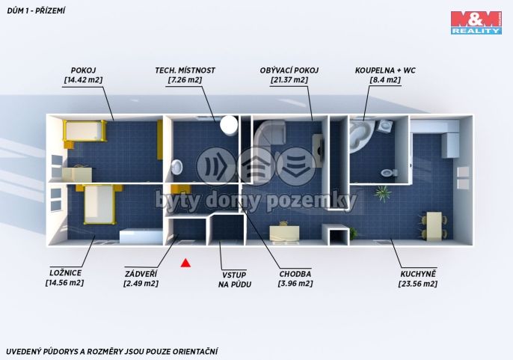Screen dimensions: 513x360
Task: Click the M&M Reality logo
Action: pos(476,22)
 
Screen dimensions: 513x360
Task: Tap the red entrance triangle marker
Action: pos(185,263)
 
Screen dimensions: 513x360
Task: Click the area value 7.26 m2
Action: pos(185,79)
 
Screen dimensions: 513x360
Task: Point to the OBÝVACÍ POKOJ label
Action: pos(289,70)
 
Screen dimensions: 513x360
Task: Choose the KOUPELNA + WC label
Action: pos(385,70)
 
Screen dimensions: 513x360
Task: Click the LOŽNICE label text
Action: pos(66,273)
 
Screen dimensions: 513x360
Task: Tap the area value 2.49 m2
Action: pos(141,284)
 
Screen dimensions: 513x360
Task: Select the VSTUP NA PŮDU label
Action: pos(235,279)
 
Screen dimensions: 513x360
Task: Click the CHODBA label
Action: pos(295,274)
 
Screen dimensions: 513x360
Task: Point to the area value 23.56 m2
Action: pos(418,284)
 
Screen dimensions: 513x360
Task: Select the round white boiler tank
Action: pos(229,126)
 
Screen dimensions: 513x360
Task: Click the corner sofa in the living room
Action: pos(270,134)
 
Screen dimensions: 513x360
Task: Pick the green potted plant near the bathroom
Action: pos(383,193)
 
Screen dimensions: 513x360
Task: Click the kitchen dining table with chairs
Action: pos(433,226)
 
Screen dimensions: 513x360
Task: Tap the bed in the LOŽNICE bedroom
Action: pos(99,204)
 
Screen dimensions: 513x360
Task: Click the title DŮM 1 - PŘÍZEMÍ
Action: pos(36,10)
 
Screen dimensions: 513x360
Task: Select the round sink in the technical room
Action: pos(178,167)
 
